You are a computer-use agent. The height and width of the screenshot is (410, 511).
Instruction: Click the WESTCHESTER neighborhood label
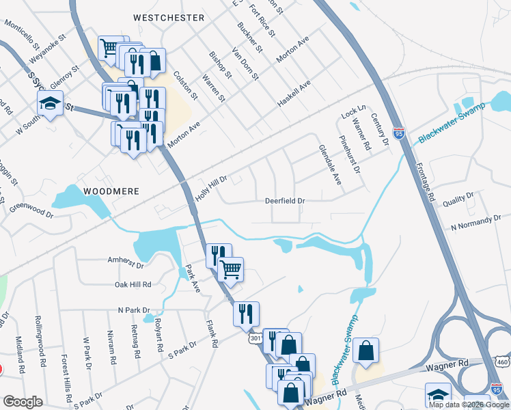[x=169, y=17]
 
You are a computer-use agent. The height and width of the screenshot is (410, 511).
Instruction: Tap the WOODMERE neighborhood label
[x=111, y=191]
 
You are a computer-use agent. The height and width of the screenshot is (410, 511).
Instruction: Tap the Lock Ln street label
[x=355, y=110]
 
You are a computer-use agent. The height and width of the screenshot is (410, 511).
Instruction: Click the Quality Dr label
[x=458, y=199]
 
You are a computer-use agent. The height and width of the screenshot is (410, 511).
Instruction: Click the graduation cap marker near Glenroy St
[x=50, y=104]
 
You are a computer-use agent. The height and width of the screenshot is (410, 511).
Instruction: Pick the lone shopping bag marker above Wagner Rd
[x=366, y=351]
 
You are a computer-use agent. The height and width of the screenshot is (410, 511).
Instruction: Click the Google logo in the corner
[x=23, y=401]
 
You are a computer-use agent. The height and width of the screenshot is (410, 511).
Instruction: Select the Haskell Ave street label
[x=294, y=93]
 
